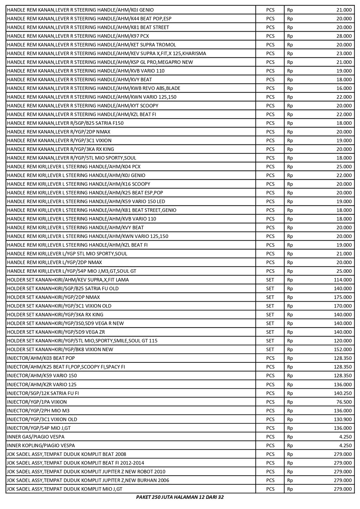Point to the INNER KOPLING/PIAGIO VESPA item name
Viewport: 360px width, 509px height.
click(x=41, y=445)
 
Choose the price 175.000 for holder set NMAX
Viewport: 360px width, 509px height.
click(x=342, y=297)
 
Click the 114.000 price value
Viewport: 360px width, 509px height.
click(x=342, y=280)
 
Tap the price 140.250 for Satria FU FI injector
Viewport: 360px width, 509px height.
click(x=342, y=393)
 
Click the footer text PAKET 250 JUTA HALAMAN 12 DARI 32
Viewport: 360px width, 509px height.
click(x=180, y=497)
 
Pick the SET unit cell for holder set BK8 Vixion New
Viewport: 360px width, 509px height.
click(x=270, y=349)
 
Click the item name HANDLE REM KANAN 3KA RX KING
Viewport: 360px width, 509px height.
click(x=60, y=149)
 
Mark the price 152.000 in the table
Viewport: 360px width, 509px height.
click(x=342, y=349)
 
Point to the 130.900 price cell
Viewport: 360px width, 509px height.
click(x=342, y=419)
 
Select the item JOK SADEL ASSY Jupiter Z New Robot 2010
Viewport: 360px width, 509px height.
click(x=86, y=472)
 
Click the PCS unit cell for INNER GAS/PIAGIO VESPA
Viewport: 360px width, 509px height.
click(x=270, y=437)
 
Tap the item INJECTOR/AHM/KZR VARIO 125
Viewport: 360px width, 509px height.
click(x=41, y=385)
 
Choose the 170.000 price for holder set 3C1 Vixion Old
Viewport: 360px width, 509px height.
click(x=342, y=306)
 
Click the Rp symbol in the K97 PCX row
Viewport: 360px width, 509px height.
click(x=290, y=36)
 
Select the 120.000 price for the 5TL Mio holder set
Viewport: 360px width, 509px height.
click(x=342, y=341)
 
